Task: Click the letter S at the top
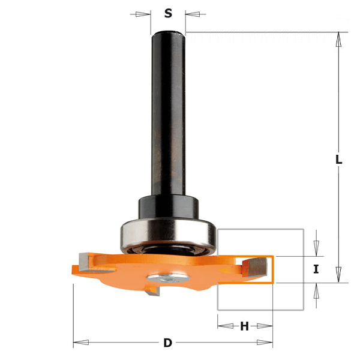(x=168, y=13)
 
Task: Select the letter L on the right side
(x=339, y=160)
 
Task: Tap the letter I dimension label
(x=316, y=269)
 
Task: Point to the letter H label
(x=244, y=326)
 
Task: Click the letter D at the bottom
(x=167, y=343)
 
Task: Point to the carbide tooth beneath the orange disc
(x=154, y=293)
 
